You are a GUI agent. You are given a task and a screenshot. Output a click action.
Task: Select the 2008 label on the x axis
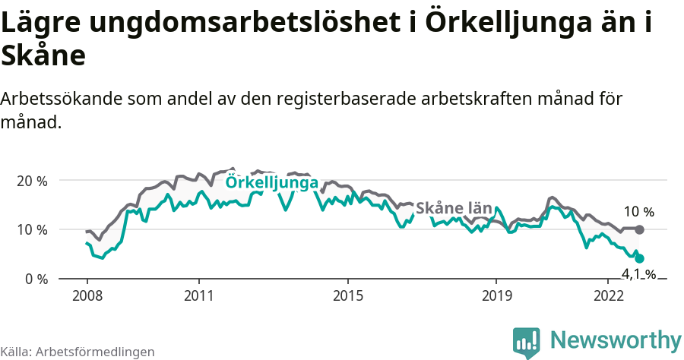point(87,295)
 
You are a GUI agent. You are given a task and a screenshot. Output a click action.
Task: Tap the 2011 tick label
point(198,295)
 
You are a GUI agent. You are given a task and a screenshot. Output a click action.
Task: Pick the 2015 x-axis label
point(347,295)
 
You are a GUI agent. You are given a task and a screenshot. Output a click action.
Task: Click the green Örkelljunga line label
point(272,183)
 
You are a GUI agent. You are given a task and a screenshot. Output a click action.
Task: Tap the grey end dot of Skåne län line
point(640,229)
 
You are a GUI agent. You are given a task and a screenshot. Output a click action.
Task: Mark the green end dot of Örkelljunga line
point(640,258)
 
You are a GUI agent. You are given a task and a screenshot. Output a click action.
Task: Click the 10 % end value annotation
point(638,212)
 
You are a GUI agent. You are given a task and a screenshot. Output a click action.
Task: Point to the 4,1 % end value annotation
point(638,274)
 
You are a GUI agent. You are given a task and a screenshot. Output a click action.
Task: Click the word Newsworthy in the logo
point(616,339)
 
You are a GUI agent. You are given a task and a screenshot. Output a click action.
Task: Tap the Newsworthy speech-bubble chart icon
point(526,342)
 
